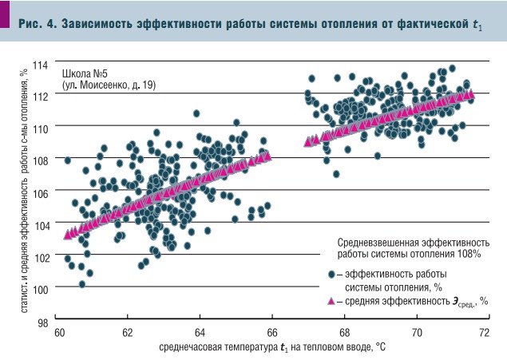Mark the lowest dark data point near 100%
[81, 283]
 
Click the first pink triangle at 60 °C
[67, 235]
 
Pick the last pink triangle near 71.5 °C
[470, 94]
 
